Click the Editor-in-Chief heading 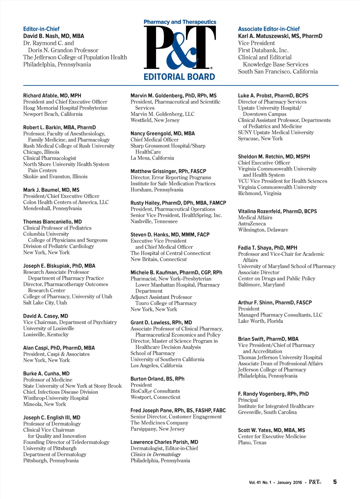(41, 29)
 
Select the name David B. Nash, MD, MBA (53, 36)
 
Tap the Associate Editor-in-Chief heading (269, 29)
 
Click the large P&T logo (180, 48)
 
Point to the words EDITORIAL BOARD (179, 77)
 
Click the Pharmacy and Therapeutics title (180, 22)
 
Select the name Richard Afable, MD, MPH (52, 96)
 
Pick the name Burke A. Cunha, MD (46, 374)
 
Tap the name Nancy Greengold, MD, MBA (162, 134)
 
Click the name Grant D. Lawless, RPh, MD (161, 323)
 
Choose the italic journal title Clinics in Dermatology (155, 454)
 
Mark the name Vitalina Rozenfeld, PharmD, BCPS (277, 211)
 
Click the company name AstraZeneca (252, 223)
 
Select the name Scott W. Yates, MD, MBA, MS (271, 430)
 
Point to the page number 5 (335, 482)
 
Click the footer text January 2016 (289, 482)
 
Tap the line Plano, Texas (252, 442)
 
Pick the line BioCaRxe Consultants (155, 391)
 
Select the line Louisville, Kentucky (46, 335)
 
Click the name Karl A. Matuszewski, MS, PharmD (280, 36)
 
